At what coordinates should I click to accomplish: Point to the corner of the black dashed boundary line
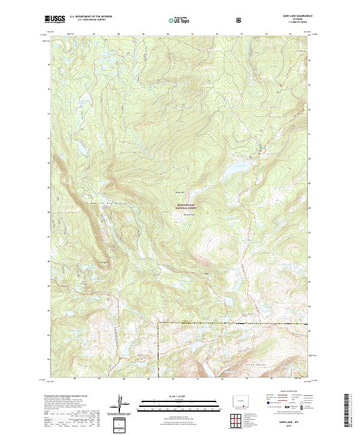point(158,323)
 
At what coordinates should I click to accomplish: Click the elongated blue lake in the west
point(77,148)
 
